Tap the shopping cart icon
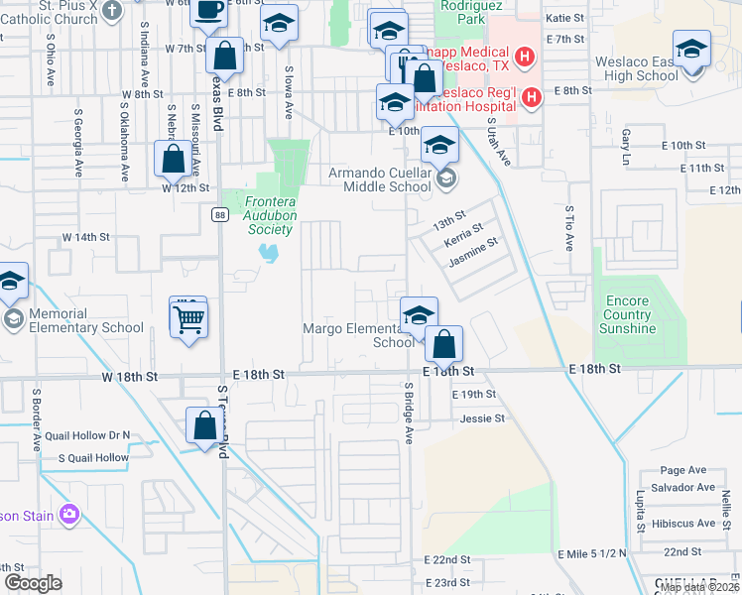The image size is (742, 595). (187, 318)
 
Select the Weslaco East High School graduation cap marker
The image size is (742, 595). (691, 49)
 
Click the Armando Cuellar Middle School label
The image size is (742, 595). (380, 179)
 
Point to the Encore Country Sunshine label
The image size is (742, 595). (628, 314)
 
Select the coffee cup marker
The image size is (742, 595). (209, 11)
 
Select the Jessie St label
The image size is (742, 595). (483, 418)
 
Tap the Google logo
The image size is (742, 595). (33, 583)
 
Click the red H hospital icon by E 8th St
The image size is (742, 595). (533, 97)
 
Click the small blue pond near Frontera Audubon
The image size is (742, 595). (267, 254)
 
